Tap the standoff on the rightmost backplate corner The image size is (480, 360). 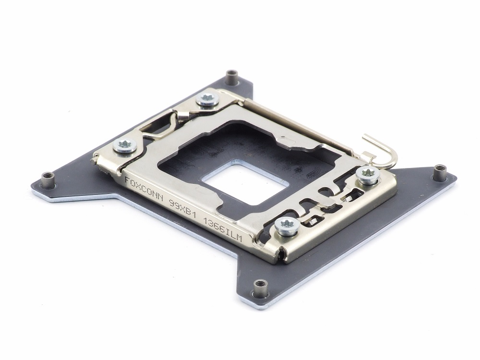pyautogui.click(x=439, y=169)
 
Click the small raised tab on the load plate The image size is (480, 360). pyautogui.click(x=288, y=141)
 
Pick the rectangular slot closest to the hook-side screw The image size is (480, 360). pyautogui.click(x=354, y=194)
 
